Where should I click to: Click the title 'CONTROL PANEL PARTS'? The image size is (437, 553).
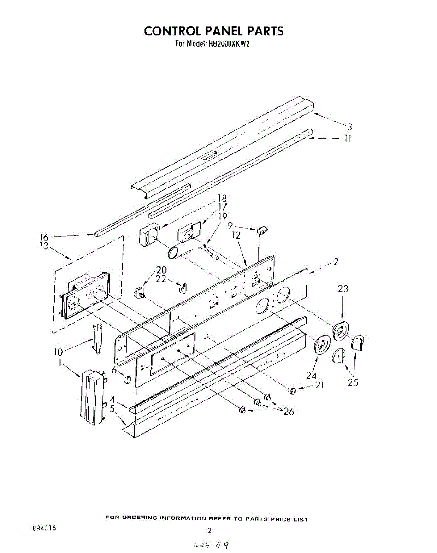[x=213, y=31]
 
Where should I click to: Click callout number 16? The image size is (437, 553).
[x=44, y=237]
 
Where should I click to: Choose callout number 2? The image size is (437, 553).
[x=336, y=262]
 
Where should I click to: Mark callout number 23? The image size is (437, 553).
[x=343, y=289]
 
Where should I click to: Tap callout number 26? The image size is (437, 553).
[x=289, y=412]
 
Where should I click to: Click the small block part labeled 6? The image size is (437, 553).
[x=125, y=379]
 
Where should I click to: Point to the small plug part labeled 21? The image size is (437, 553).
[x=291, y=391]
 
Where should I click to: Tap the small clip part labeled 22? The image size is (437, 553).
[x=182, y=288]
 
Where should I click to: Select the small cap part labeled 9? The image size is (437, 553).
[x=263, y=229]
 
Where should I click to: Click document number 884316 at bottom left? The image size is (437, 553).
[x=44, y=529]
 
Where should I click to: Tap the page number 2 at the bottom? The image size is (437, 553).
[x=210, y=530]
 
